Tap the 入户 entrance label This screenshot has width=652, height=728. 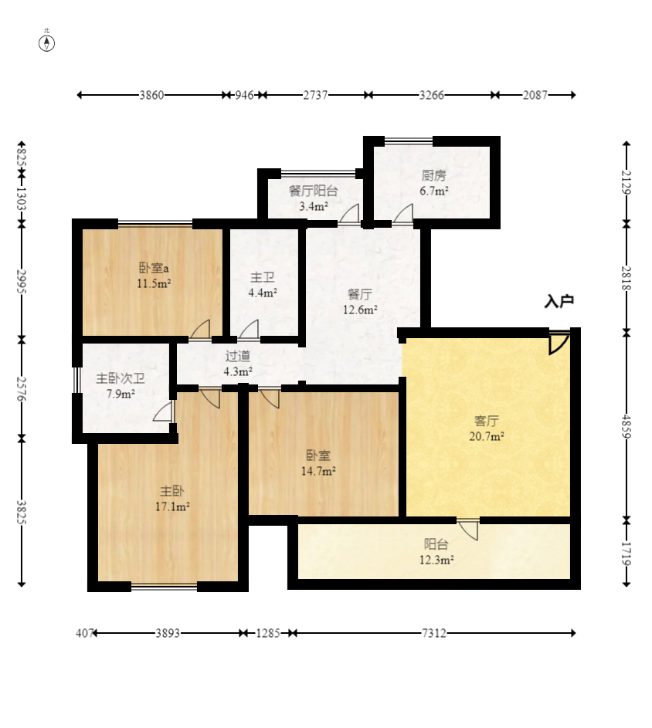pyautogui.click(x=559, y=301)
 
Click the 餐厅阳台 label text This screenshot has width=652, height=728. pyautogui.click(x=313, y=191)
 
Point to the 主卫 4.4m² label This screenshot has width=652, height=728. pyautogui.click(x=263, y=285)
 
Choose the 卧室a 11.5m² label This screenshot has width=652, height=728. pyautogui.click(x=154, y=276)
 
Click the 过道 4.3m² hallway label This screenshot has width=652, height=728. pyautogui.click(x=238, y=364)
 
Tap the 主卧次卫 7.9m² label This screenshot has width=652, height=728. pyautogui.click(x=121, y=386)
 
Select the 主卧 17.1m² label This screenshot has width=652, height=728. pyautogui.click(x=172, y=498)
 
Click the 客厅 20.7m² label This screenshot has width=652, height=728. pyautogui.click(x=487, y=428)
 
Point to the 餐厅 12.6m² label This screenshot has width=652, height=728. pyautogui.click(x=360, y=302)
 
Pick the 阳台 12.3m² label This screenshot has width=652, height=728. pyautogui.click(x=436, y=551)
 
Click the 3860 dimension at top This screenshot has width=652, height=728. pyautogui.click(x=151, y=95)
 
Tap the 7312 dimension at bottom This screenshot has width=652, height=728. pyautogui.click(x=433, y=633)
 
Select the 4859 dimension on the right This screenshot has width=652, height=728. pyautogui.click(x=627, y=426)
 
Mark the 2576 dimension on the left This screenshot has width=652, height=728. pyautogui.click(x=22, y=388)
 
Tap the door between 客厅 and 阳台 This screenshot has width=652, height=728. pyautogui.click(x=468, y=530)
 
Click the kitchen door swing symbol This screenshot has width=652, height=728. pyautogui.click(x=403, y=215)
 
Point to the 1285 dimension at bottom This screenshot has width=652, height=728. pyautogui.click(x=268, y=633)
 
